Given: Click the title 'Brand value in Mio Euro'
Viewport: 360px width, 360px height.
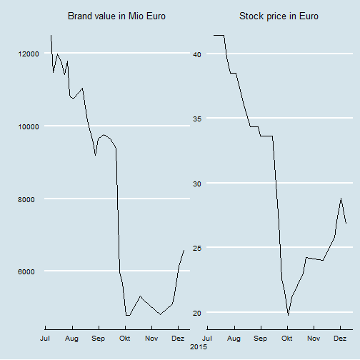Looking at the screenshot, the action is click(116, 16).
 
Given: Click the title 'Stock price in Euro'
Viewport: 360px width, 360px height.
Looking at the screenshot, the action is click(279, 16).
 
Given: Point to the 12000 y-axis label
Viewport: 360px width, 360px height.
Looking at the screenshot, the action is click(29, 54).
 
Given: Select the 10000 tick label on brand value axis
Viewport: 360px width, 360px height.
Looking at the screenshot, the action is click(29, 126).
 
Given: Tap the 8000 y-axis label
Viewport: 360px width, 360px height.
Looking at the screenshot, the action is click(26, 199).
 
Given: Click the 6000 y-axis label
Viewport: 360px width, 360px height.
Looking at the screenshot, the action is click(26, 271).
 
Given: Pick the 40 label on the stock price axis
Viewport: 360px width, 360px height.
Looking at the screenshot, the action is click(197, 54).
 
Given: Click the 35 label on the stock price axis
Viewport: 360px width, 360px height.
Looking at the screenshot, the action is click(197, 119).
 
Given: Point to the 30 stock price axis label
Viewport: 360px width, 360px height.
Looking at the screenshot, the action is click(197, 184).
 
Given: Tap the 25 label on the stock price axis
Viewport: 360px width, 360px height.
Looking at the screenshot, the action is click(197, 248).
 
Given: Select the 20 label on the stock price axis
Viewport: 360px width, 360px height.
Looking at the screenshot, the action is click(197, 313).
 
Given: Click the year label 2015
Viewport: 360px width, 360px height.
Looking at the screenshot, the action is click(199, 347).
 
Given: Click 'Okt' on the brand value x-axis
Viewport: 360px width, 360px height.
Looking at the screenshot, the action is click(125, 339).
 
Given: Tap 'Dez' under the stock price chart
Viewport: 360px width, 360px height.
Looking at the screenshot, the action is click(340, 339).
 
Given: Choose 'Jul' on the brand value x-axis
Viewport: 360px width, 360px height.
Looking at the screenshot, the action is click(45, 339).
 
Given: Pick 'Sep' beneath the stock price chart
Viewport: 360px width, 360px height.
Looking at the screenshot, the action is click(260, 339).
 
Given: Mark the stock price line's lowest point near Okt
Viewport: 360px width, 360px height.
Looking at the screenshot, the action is click(288, 315).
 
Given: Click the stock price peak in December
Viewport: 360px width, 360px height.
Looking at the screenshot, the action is click(341, 198).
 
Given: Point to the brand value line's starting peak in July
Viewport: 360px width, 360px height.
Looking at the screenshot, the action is click(51, 35).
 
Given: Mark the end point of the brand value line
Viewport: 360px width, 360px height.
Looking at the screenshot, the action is click(184, 250).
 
